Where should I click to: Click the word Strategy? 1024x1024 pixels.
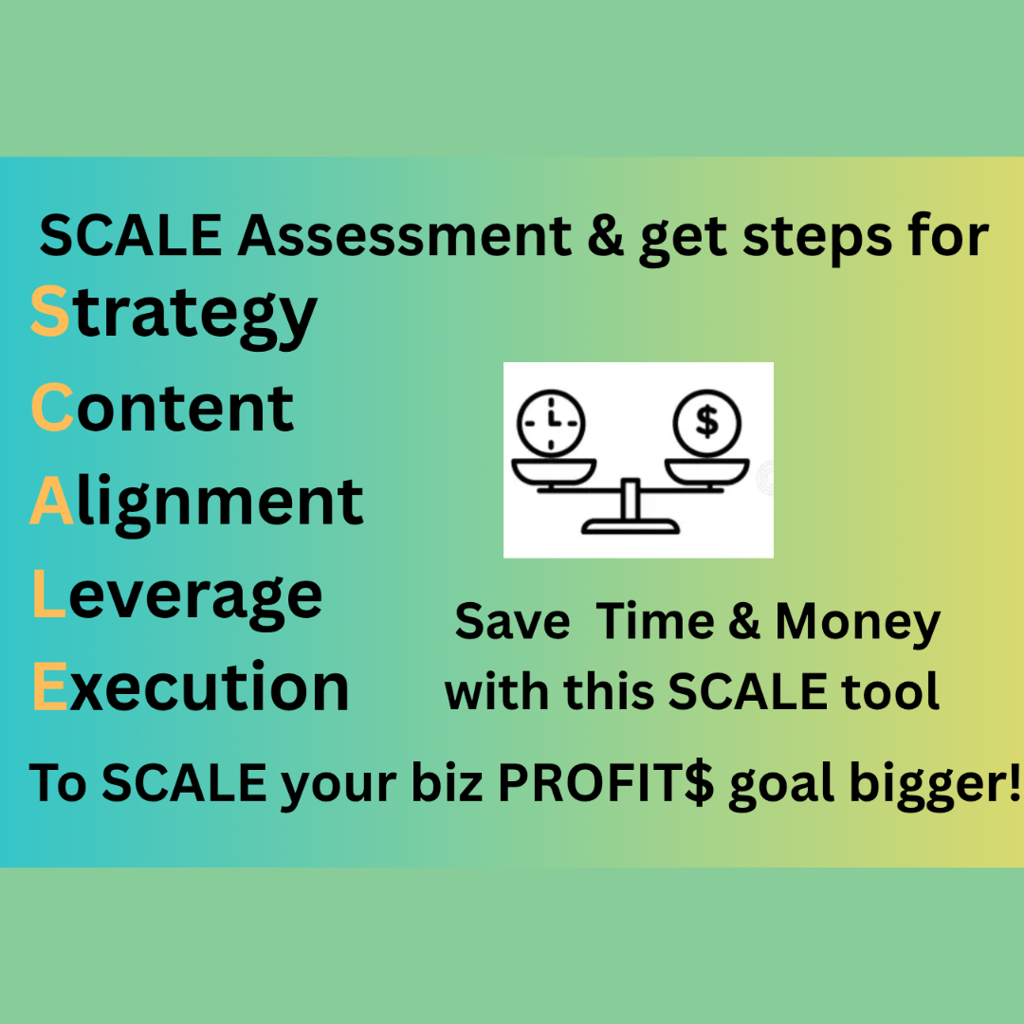pyautogui.click(x=174, y=316)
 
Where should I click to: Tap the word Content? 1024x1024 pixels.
pyautogui.click(x=163, y=407)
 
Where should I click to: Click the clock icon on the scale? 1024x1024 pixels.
pyautogui.click(x=551, y=423)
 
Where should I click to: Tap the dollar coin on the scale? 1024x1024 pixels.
pyautogui.click(x=707, y=423)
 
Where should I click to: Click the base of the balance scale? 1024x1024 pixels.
pyautogui.click(x=631, y=525)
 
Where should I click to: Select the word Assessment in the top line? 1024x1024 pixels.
pyautogui.click(x=405, y=235)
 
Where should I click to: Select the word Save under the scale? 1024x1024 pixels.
pyautogui.click(x=512, y=621)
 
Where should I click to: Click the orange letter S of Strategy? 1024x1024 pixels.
pyautogui.click(x=49, y=311)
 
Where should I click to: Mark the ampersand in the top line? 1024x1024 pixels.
pyautogui.click(x=605, y=236)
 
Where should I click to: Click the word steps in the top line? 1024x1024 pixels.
pyautogui.click(x=817, y=239)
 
